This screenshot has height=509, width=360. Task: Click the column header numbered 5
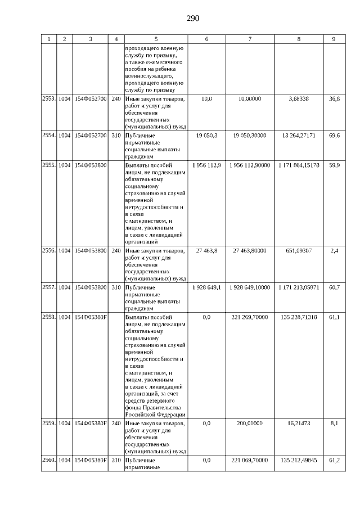(x=156, y=39)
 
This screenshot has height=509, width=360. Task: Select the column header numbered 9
(x=334, y=39)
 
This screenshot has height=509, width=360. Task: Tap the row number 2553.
(x=49, y=98)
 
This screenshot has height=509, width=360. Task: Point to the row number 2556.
(x=49, y=251)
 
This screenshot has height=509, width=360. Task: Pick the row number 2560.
(x=49, y=460)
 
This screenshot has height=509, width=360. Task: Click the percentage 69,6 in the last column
(x=334, y=136)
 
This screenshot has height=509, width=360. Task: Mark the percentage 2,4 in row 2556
(x=334, y=251)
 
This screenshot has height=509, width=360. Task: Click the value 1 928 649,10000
(x=250, y=287)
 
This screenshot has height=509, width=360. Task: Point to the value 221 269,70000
(x=250, y=317)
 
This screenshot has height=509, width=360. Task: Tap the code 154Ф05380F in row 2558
(x=91, y=317)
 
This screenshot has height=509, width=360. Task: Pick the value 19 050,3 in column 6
(x=206, y=136)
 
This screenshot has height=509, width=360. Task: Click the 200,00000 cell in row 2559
(x=250, y=422)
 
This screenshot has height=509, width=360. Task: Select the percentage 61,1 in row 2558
(x=334, y=317)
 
